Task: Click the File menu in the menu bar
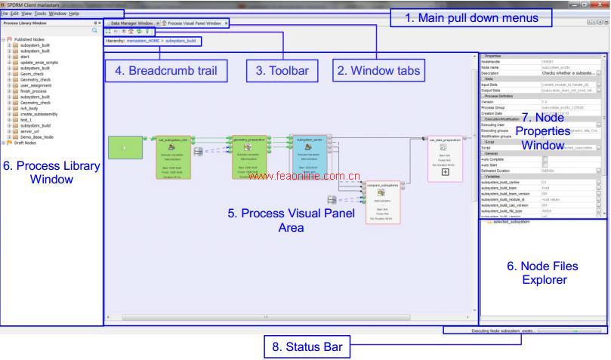tap(5, 14)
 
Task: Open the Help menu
tap(73, 14)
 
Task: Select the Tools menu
tap(40, 14)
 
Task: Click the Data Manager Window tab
tap(131, 23)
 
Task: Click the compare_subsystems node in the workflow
tap(383, 202)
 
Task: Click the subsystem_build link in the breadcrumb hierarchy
tap(181, 40)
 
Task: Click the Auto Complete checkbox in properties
tap(545, 158)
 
